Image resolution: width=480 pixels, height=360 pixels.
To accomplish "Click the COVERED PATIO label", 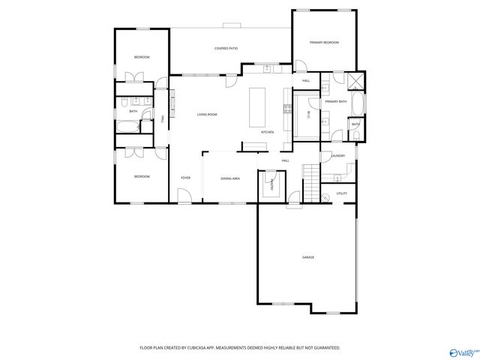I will pyautogui.click(x=226, y=49).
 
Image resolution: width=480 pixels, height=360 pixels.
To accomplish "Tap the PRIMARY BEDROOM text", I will pyautogui.click(x=325, y=43).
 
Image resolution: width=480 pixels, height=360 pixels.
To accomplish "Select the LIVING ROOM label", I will pyautogui.click(x=207, y=114).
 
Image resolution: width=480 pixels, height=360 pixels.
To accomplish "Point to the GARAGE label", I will pyautogui.click(x=308, y=257).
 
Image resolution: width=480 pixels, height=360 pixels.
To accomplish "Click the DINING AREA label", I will pyautogui.click(x=230, y=178).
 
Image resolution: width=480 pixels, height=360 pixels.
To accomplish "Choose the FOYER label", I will pyautogui.click(x=185, y=178).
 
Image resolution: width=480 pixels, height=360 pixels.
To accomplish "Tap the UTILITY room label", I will pyautogui.click(x=342, y=193).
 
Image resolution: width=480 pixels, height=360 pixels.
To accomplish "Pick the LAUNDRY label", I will pyautogui.click(x=337, y=156).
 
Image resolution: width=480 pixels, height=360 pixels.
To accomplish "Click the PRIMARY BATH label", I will pyautogui.click(x=336, y=101).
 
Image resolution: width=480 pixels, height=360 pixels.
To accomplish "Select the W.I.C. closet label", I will pyautogui.click(x=308, y=114).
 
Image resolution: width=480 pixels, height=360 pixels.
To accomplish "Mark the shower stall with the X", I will pyautogui.click(x=355, y=81).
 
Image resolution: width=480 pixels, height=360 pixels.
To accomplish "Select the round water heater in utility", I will pyautogui.click(x=326, y=197).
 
